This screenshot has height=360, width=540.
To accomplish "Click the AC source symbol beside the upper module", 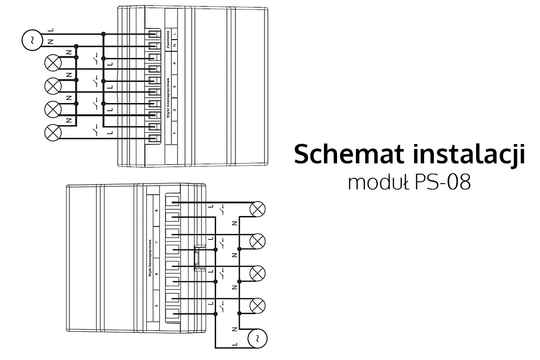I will (31, 40).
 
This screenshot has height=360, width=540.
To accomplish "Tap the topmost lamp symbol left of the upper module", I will (54, 63).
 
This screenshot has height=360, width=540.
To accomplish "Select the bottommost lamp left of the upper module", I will (54, 132).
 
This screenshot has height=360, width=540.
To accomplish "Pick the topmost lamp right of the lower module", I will (257, 208).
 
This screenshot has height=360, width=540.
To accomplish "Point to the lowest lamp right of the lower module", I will (257, 306).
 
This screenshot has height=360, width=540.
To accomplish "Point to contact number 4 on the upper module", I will (175, 63).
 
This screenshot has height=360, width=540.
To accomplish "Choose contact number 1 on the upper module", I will (175, 132).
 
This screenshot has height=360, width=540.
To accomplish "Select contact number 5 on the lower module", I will (157, 306).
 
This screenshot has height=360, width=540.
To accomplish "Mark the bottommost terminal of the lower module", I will (173, 314).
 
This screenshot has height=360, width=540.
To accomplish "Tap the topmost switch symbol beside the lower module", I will (222, 210).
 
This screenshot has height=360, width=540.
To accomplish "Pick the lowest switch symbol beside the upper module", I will (95, 130).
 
